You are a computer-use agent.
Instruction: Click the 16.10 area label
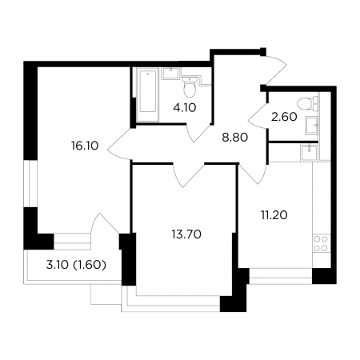(85, 146)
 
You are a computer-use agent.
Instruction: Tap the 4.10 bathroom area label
(185, 108)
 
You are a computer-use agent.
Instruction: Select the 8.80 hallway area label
(235, 138)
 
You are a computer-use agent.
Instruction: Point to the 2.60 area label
(284, 117)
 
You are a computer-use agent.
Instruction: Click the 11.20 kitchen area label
(274, 215)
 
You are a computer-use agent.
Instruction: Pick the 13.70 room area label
(186, 234)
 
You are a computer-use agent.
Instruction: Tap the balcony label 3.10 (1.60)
(76, 265)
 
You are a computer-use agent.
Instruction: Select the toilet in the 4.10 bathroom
(190, 87)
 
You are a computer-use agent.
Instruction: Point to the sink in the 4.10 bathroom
(170, 73)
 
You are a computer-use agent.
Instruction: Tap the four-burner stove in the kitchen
(321, 243)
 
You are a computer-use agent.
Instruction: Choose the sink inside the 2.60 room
(312, 125)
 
